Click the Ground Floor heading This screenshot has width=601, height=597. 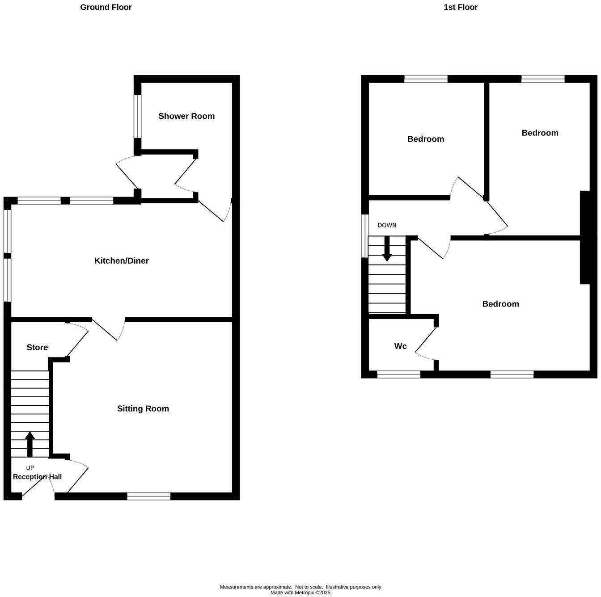106,7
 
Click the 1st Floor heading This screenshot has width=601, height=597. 460,7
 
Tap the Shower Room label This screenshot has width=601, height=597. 186,116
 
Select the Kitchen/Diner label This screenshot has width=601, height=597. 121,261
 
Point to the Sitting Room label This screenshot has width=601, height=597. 143,408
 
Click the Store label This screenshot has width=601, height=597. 37,347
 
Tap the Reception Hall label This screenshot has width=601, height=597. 37,477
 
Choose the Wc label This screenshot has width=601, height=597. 400,346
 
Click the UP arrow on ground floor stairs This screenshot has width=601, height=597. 30,443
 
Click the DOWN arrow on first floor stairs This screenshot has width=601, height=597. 387,248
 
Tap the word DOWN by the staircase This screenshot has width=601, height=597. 387,225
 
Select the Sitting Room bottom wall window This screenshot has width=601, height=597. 148,496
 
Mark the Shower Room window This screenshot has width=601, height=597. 138,116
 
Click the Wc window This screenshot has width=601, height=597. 398,374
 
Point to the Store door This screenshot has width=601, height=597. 78,341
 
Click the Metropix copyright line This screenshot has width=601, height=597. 300,593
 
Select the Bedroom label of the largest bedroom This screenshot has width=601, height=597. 500,304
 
